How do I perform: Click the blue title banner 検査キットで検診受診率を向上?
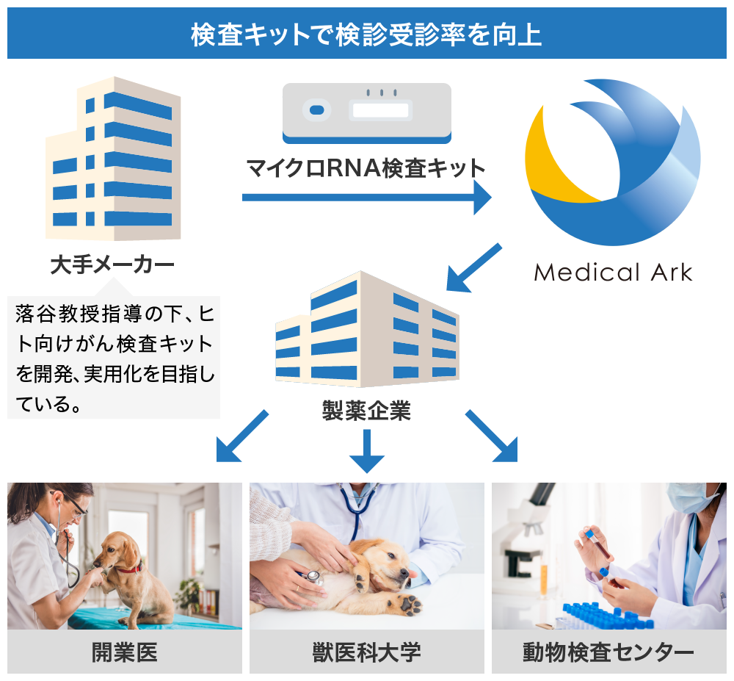366,33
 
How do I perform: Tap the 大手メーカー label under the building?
112,264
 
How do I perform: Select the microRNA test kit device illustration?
366,113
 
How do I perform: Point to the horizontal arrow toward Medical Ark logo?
366,197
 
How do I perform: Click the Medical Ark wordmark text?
613,272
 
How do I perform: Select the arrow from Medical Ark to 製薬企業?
473,268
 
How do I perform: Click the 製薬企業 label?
366,410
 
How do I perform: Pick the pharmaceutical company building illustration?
367,329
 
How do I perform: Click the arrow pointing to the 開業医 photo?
242,436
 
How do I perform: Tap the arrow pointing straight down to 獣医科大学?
366,450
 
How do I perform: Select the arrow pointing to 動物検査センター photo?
492,436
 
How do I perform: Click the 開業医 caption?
125,652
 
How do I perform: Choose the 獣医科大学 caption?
366,652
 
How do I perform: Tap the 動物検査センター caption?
608,652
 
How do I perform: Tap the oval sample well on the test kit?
317,110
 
